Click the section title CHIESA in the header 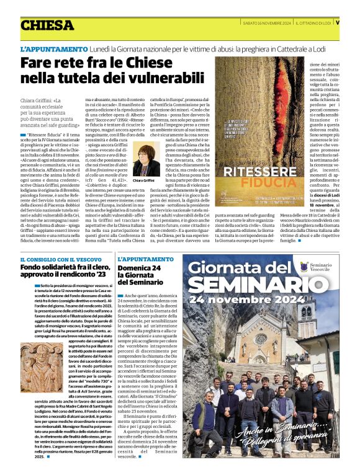click(46, 25)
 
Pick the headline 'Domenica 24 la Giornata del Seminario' click(143, 275)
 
